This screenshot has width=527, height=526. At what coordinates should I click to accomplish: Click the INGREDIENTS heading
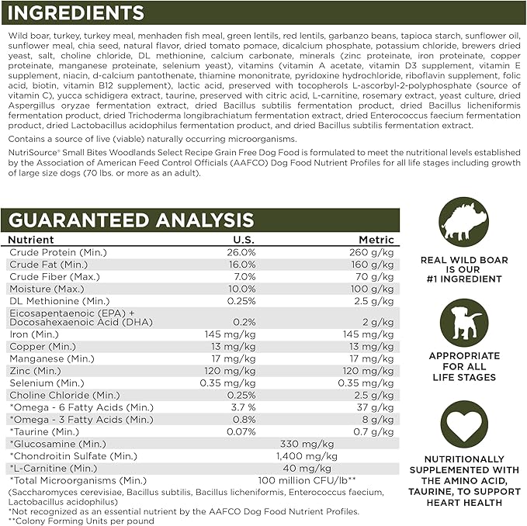click(76, 13)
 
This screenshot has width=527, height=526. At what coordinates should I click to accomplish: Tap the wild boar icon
click(463, 223)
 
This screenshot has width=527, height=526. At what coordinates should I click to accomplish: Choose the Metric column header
click(376, 240)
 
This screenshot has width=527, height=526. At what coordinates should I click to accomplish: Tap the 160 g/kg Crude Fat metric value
click(372, 265)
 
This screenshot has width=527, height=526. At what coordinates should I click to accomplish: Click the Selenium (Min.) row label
click(47, 382)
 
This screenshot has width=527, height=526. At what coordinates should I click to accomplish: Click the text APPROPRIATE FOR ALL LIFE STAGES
click(463, 366)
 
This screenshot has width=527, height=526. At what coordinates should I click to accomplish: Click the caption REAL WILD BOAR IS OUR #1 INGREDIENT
click(463, 272)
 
